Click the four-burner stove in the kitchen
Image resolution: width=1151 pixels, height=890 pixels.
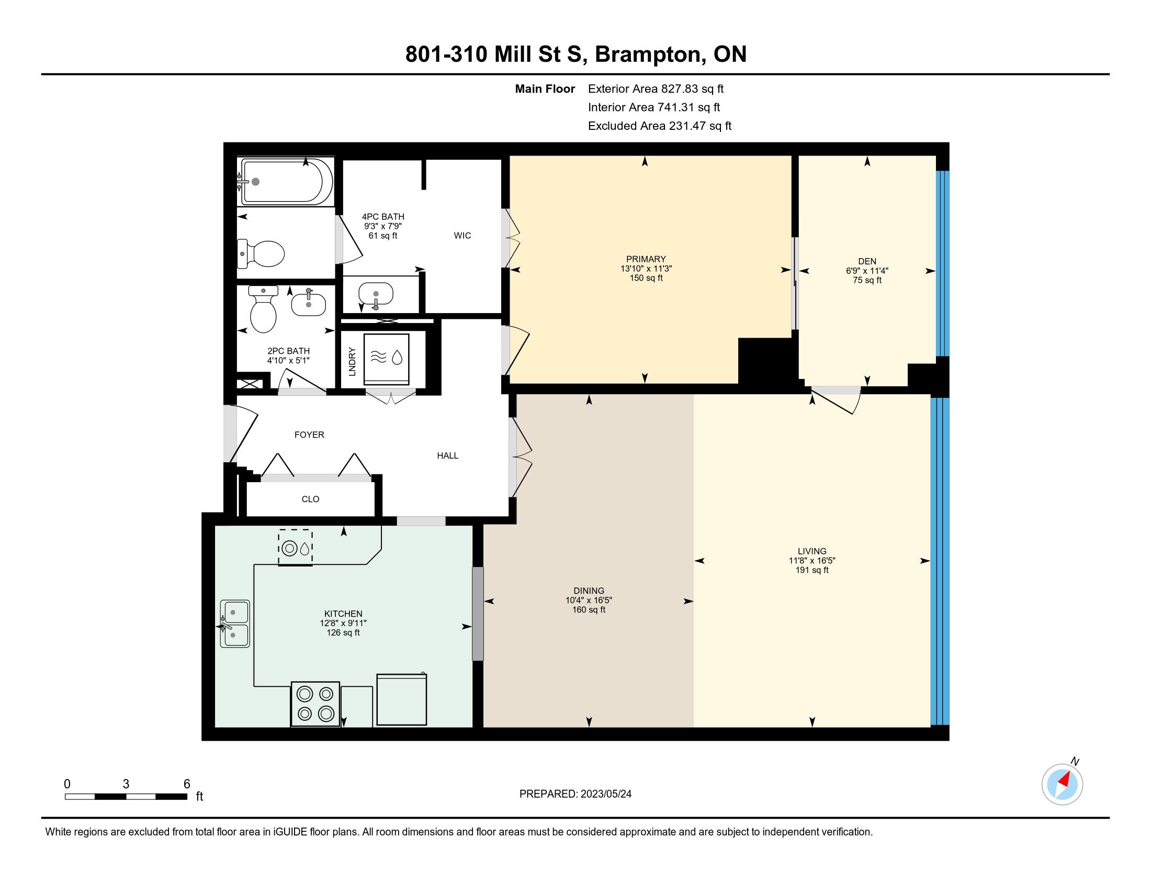click(315, 704)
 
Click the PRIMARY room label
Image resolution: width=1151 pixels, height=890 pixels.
click(646, 259)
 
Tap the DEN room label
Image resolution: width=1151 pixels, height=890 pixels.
click(867, 261)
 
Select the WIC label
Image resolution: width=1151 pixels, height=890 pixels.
click(462, 236)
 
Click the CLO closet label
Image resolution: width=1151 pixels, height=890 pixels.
click(310, 499)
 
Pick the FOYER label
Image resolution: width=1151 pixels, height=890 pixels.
click(309, 435)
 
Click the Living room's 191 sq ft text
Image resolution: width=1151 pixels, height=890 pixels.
click(812, 570)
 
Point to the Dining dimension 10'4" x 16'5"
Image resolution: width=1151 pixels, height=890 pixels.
click(589, 600)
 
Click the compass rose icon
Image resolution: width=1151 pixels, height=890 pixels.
click(1063, 784)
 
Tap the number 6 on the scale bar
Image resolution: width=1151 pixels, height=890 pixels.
click(187, 784)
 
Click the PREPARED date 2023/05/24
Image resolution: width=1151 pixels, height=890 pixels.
click(605, 794)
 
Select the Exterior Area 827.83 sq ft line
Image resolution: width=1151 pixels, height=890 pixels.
click(656, 88)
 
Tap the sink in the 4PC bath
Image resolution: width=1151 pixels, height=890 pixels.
click(376, 294)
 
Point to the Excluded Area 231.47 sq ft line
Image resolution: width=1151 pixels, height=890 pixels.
click(660, 126)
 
